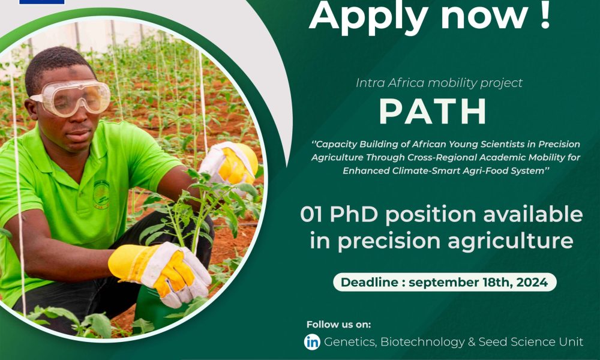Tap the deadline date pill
pos(444,282)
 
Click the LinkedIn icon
pos(312,342)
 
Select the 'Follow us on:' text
pos(339,325)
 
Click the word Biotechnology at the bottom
pos(425,342)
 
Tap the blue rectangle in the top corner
pos(41,2)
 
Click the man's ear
pos(32,107)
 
